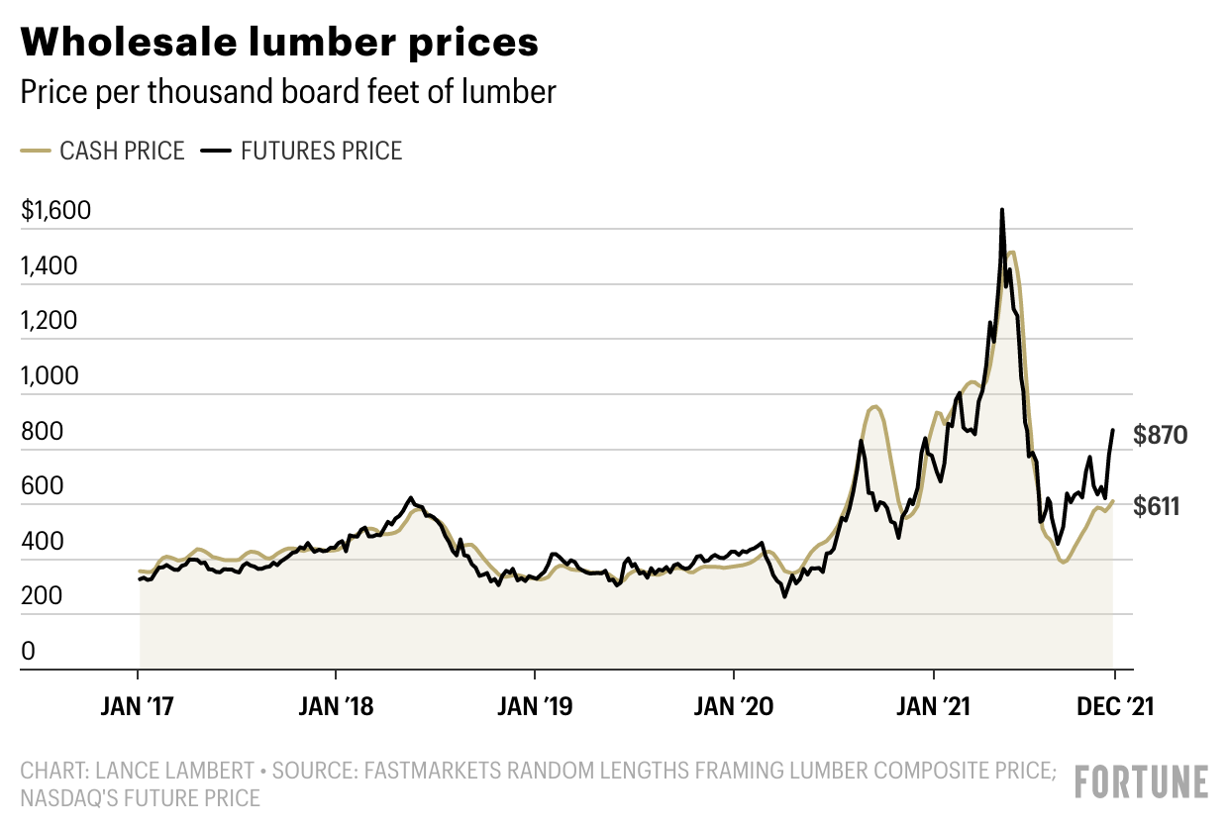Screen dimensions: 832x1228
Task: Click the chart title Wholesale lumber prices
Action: (x=280, y=43)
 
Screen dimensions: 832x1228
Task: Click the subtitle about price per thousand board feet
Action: (x=288, y=92)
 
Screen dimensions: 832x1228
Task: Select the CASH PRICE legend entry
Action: (x=103, y=152)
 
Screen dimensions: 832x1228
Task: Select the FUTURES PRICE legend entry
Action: (x=302, y=152)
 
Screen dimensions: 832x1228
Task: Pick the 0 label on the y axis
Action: (x=29, y=652)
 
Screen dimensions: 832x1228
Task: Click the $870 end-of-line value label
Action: (x=1160, y=435)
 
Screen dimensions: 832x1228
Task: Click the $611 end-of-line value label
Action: (x=1157, y=507)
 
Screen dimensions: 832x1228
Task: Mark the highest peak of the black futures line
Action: (x=1002, y=210)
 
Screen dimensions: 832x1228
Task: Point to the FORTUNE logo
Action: (x=1142, y=781)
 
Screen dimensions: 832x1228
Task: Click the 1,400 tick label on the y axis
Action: (x=48, y=267)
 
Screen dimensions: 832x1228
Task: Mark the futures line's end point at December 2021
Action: (x=1113, y=431)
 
